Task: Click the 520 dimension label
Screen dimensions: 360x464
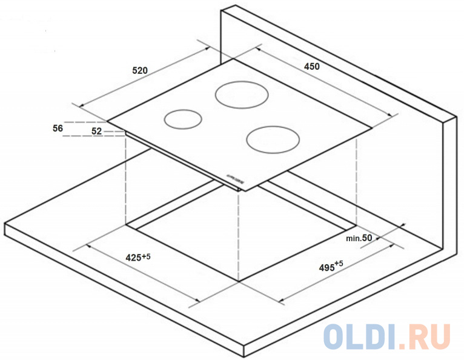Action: pyautogui.click(x=140, y=70)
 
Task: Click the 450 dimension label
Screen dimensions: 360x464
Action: pyautogui.click(x=311, y=67)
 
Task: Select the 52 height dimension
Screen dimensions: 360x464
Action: pyautogui.click(x=96, y=130)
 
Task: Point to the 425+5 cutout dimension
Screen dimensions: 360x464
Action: pyautogui.click(x=138, y=257)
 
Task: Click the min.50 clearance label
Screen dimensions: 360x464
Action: pyautogui.click(x=359, y=238)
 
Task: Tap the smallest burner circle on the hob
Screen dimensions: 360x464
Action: pyautogui.click(x=183, y=119)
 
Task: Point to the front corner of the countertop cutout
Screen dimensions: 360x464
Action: pyautogui.click(x=240, y=281)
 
